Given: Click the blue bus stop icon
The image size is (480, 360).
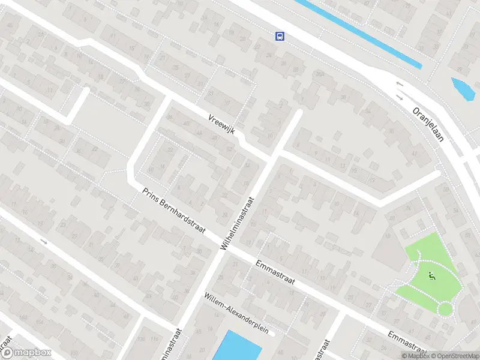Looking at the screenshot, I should coord(280,36).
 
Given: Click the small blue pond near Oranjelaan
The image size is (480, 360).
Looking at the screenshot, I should coord(461,88).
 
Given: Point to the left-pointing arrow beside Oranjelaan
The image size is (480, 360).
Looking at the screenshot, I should coord(400,84).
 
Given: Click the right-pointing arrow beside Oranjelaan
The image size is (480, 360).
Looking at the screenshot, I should coord(400,96).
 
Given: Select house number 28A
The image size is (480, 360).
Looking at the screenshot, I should coord(319,74).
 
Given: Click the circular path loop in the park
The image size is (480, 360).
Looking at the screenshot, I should coord(446,309).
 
